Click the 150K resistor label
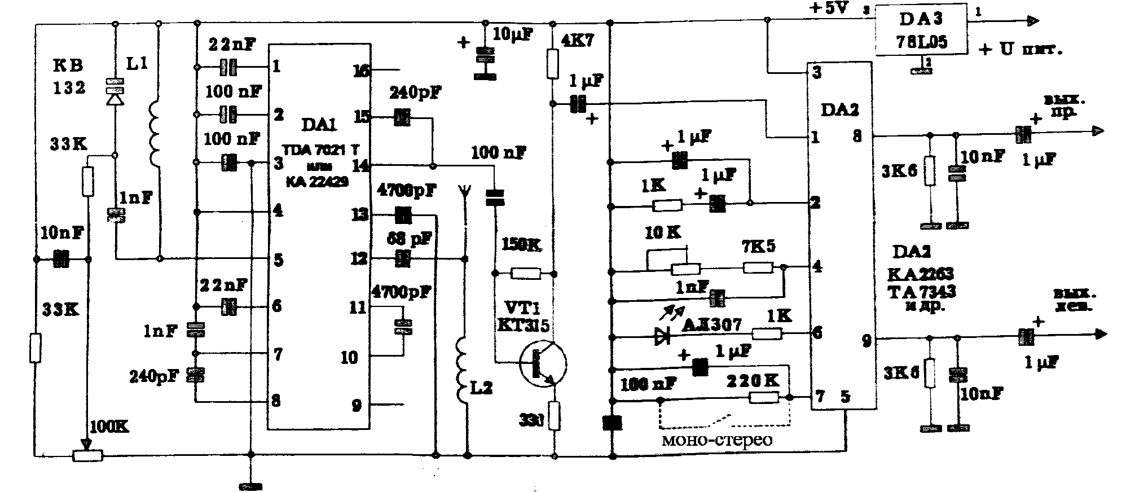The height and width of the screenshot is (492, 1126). tap(521, 244)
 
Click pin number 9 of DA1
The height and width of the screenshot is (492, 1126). tap(356, 405)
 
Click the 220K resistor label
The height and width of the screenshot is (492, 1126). tap(753, 381)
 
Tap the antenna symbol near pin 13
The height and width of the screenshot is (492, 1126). tap(464, 195)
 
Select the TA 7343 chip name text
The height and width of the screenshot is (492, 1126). tap(921, 292)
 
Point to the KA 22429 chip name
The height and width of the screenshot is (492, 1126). tap(318, 182)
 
